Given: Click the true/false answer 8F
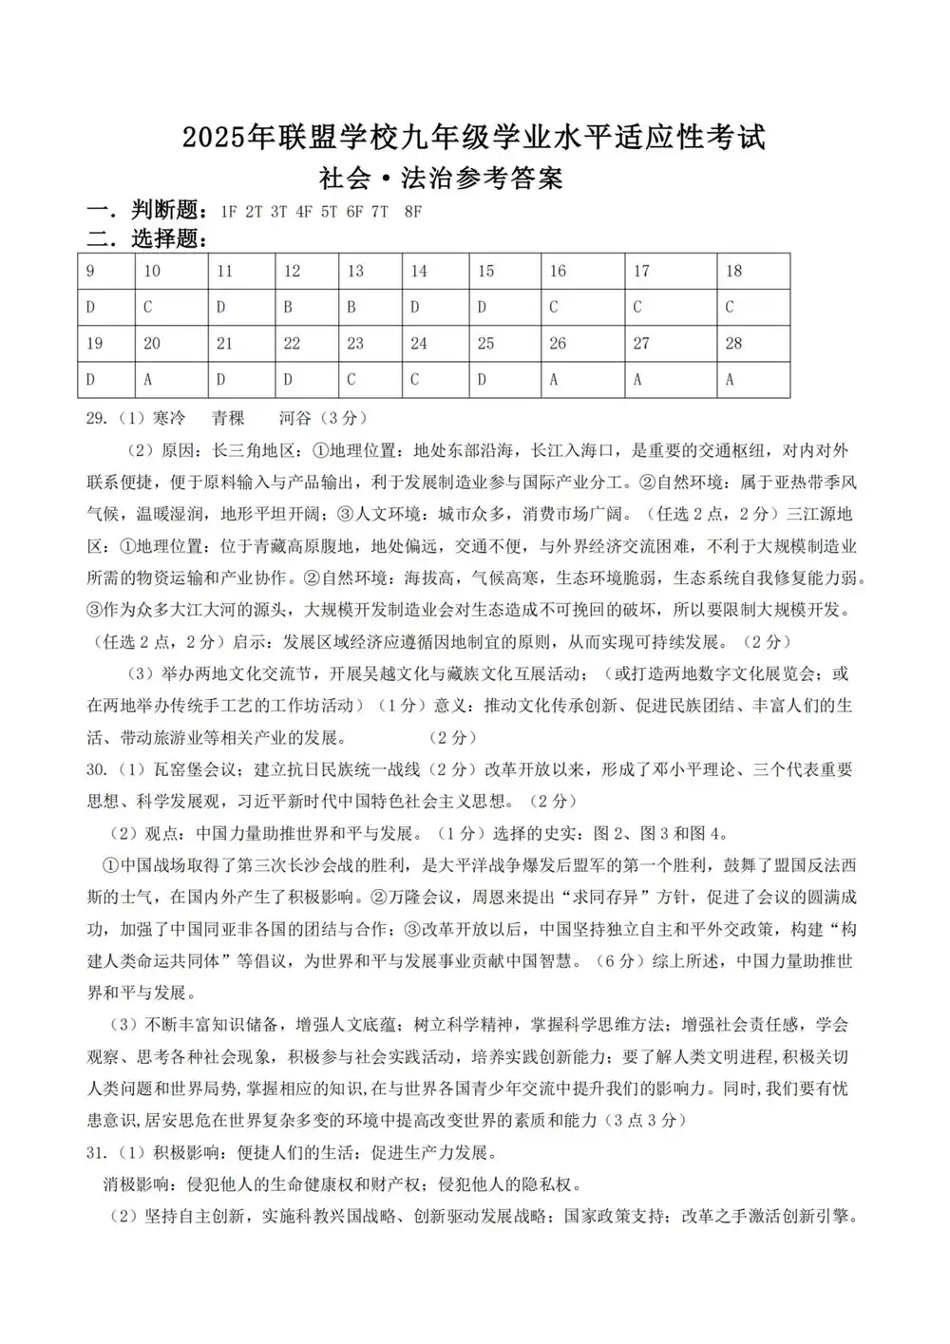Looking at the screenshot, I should tap(412, 212).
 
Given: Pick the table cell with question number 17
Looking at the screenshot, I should tap(671, 272).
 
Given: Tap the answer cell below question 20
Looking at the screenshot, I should tap(171, 380).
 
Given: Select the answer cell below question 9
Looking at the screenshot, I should tap(105, 308).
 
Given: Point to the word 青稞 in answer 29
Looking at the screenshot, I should tap(228, 418).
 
